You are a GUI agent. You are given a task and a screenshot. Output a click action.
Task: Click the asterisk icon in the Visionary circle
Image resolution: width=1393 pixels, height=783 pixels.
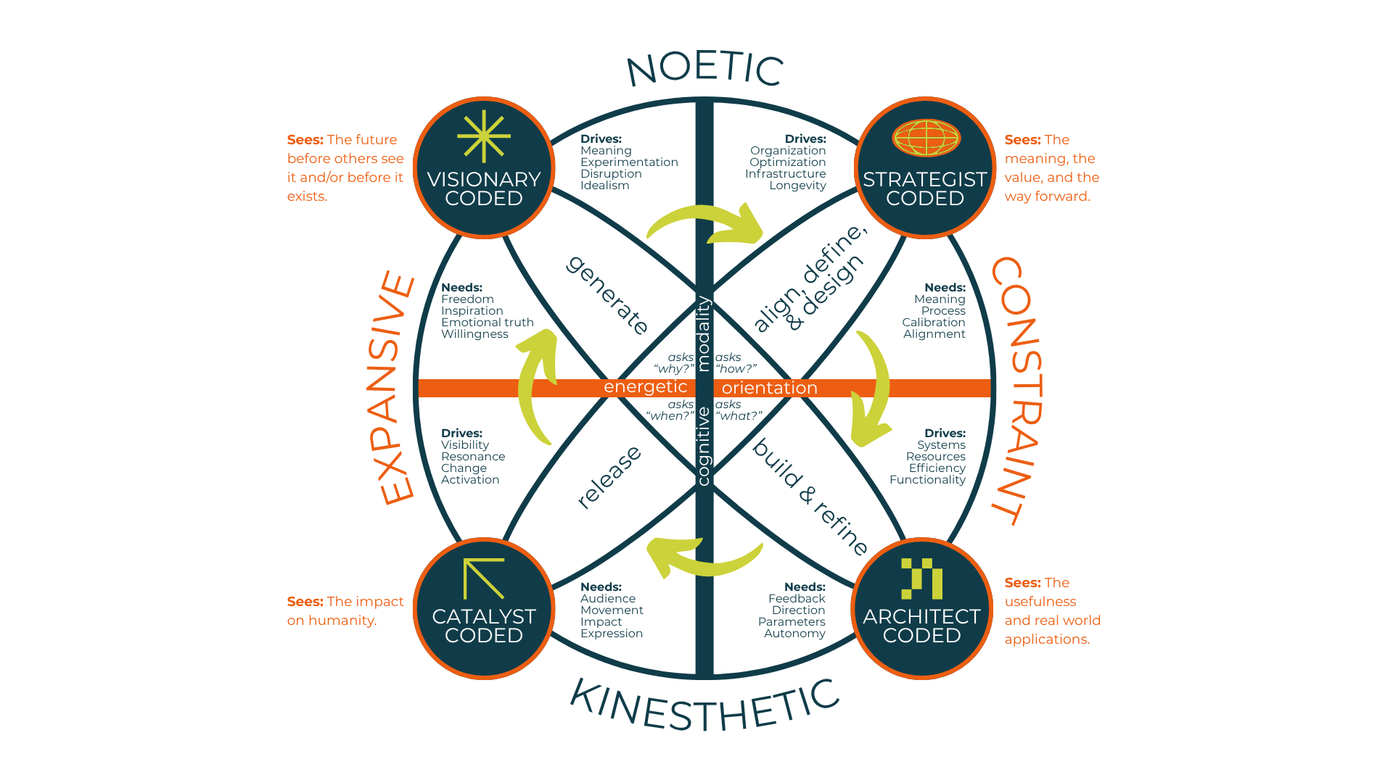484,136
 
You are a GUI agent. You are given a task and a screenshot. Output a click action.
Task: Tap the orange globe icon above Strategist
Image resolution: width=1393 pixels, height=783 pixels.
926,138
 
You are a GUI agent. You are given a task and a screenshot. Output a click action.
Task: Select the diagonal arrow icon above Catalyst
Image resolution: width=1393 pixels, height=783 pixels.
484,579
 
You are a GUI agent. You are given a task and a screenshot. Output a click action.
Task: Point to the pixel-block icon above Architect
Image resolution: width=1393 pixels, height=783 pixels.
921,579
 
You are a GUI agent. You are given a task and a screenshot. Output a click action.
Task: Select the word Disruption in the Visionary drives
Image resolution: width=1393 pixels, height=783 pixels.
611,174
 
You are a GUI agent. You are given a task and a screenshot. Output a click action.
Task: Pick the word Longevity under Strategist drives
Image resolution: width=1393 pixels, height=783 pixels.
797,186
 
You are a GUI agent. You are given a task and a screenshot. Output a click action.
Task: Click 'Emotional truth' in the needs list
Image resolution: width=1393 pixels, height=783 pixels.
488,323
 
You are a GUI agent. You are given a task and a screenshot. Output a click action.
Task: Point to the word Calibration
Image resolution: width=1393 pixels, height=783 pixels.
934,323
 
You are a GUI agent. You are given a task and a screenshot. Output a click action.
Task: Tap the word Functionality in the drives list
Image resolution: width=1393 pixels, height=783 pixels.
927,480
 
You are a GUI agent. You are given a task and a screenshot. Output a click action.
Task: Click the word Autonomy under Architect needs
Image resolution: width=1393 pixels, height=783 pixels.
794,634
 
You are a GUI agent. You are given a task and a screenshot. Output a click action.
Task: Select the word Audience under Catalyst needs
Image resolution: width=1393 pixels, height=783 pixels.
608,599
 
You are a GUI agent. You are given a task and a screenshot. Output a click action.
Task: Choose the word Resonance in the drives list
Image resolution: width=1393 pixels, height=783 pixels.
473,457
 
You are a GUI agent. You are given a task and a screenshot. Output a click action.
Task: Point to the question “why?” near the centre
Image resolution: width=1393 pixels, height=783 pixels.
674,369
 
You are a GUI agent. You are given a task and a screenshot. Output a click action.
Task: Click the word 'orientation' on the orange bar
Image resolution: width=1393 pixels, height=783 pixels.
769,389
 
